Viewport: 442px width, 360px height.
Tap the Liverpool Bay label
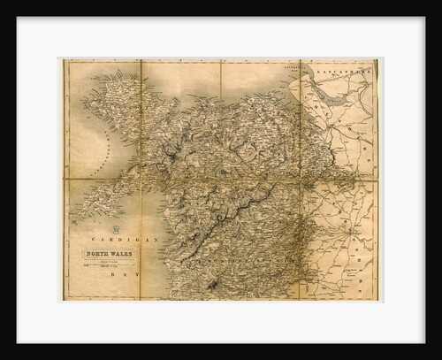click(285, 67)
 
